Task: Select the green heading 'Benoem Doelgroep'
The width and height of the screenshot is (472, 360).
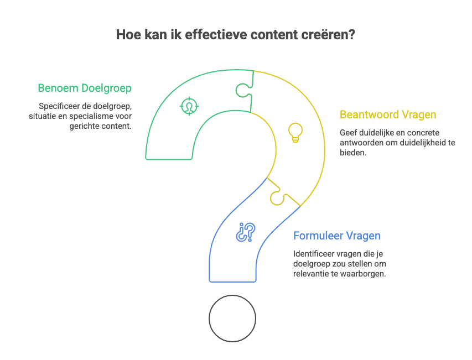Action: click(x=85, y=88)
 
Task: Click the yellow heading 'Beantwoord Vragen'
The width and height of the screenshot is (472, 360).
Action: click(x=388, y=115)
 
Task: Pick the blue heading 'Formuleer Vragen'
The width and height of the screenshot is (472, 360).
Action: click(x=336, y=236)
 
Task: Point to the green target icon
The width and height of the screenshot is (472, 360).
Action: click(x=189, y=106)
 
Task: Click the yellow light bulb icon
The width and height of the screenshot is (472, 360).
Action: click(x=295, y=133)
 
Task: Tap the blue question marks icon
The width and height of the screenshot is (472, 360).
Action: click(x=245, y=232)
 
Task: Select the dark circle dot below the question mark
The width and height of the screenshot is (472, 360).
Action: click(x=232, y=319)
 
